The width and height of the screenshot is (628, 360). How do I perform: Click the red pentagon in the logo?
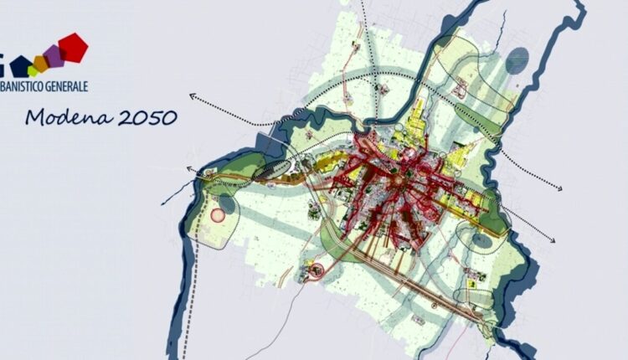(x=74, y=47)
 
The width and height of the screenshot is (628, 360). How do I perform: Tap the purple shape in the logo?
(x=54, y=56)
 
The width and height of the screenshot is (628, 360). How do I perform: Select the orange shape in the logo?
(x=40, y=63)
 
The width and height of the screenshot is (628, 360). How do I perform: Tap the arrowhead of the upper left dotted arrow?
(x=192, y=96)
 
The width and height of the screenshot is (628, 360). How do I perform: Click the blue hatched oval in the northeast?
(x=517, y=58)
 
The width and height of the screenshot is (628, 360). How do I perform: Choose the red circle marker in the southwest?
(x=317, y=270)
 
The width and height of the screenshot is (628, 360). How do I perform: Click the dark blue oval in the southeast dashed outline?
(x=481, y=241)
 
